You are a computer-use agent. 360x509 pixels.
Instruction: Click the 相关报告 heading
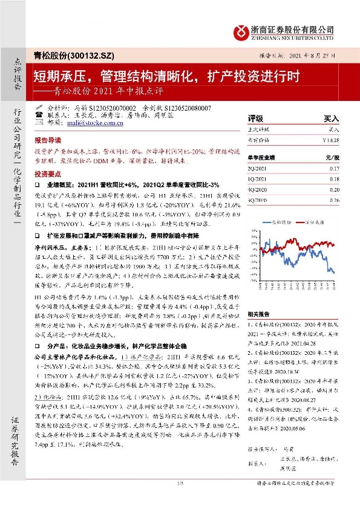pos(258,314)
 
